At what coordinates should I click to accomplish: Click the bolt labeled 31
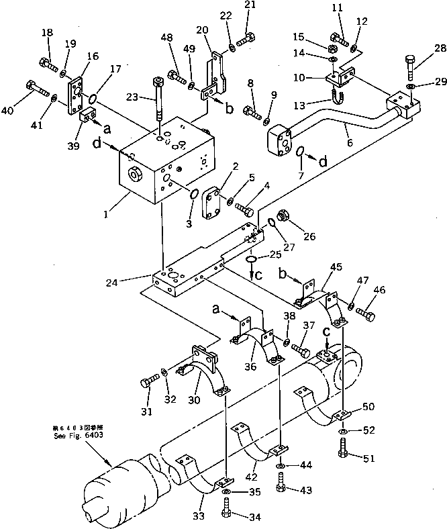149,385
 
